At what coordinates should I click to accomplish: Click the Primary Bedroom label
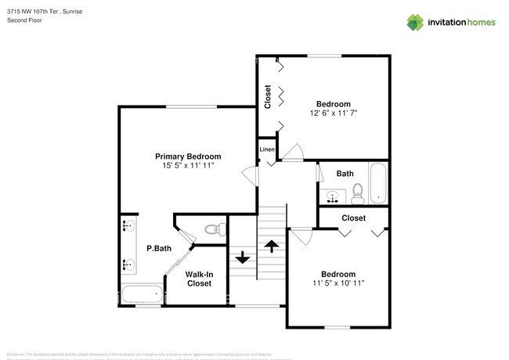(187, 156)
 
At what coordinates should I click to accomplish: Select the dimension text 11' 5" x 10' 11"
(338, 283)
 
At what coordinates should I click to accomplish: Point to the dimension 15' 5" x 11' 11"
(187, 166)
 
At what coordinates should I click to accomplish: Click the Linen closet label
(267, 149)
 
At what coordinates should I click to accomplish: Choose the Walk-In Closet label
(198, 279)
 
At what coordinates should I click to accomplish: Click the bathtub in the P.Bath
(142, 294)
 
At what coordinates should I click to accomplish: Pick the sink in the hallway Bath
(334, 195)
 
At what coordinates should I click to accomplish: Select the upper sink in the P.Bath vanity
(128, 228)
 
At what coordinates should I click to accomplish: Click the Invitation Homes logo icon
(416, 23)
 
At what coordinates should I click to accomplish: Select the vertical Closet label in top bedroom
(268, 97)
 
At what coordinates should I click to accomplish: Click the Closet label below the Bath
(353, 218)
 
